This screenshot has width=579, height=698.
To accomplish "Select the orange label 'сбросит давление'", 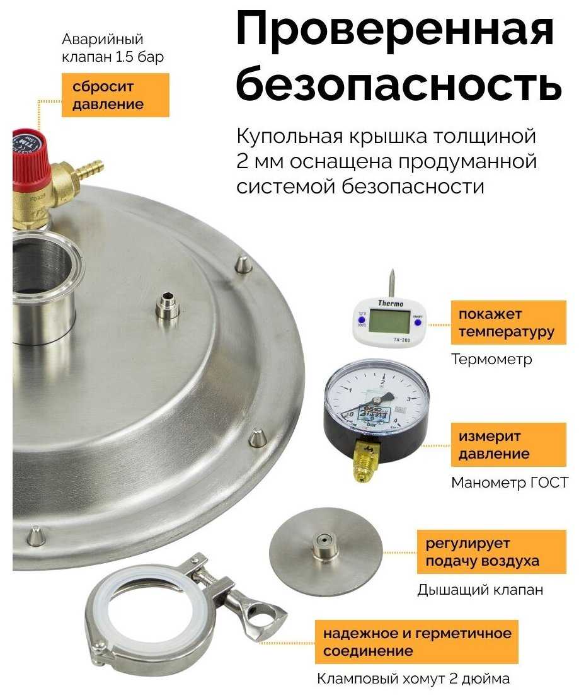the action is pos(115,95).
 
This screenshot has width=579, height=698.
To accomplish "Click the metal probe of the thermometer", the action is pos(391,283).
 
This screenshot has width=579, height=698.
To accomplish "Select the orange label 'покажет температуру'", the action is pos(508,323).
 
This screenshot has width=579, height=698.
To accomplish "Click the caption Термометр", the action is pos(491,359).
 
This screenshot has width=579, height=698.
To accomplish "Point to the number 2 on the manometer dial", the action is pos(382,382).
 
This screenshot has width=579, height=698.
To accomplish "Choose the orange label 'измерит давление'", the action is pos(508,445).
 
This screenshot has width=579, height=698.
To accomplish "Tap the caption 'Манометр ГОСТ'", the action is pos(510,483).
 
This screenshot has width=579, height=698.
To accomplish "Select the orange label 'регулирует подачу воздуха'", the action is pos(491,552).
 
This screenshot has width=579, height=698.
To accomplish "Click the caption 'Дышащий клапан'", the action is pos(480,590).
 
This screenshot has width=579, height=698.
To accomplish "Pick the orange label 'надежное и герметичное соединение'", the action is pos(416,641).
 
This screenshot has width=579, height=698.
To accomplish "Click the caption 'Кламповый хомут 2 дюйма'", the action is pos(413,679).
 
